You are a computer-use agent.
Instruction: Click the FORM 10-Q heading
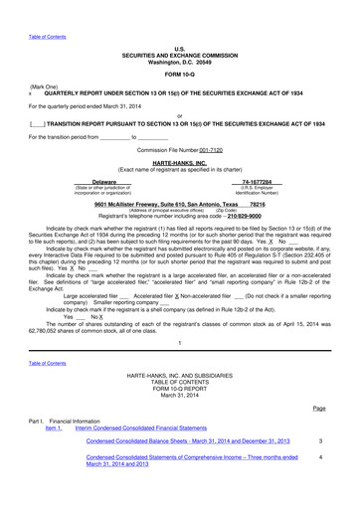179,47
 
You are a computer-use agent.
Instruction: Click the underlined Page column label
318,408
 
